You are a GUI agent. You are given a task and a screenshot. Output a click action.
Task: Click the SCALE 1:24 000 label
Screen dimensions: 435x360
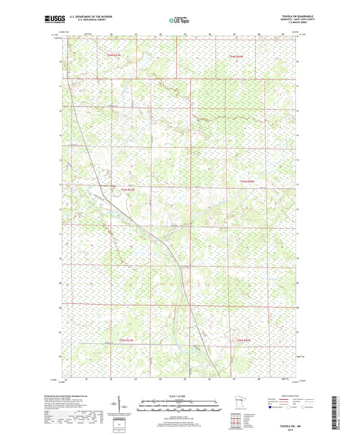click(x=180, y=395)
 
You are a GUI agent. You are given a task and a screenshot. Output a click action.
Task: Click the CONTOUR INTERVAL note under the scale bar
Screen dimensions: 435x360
click(x=180, y=413)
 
